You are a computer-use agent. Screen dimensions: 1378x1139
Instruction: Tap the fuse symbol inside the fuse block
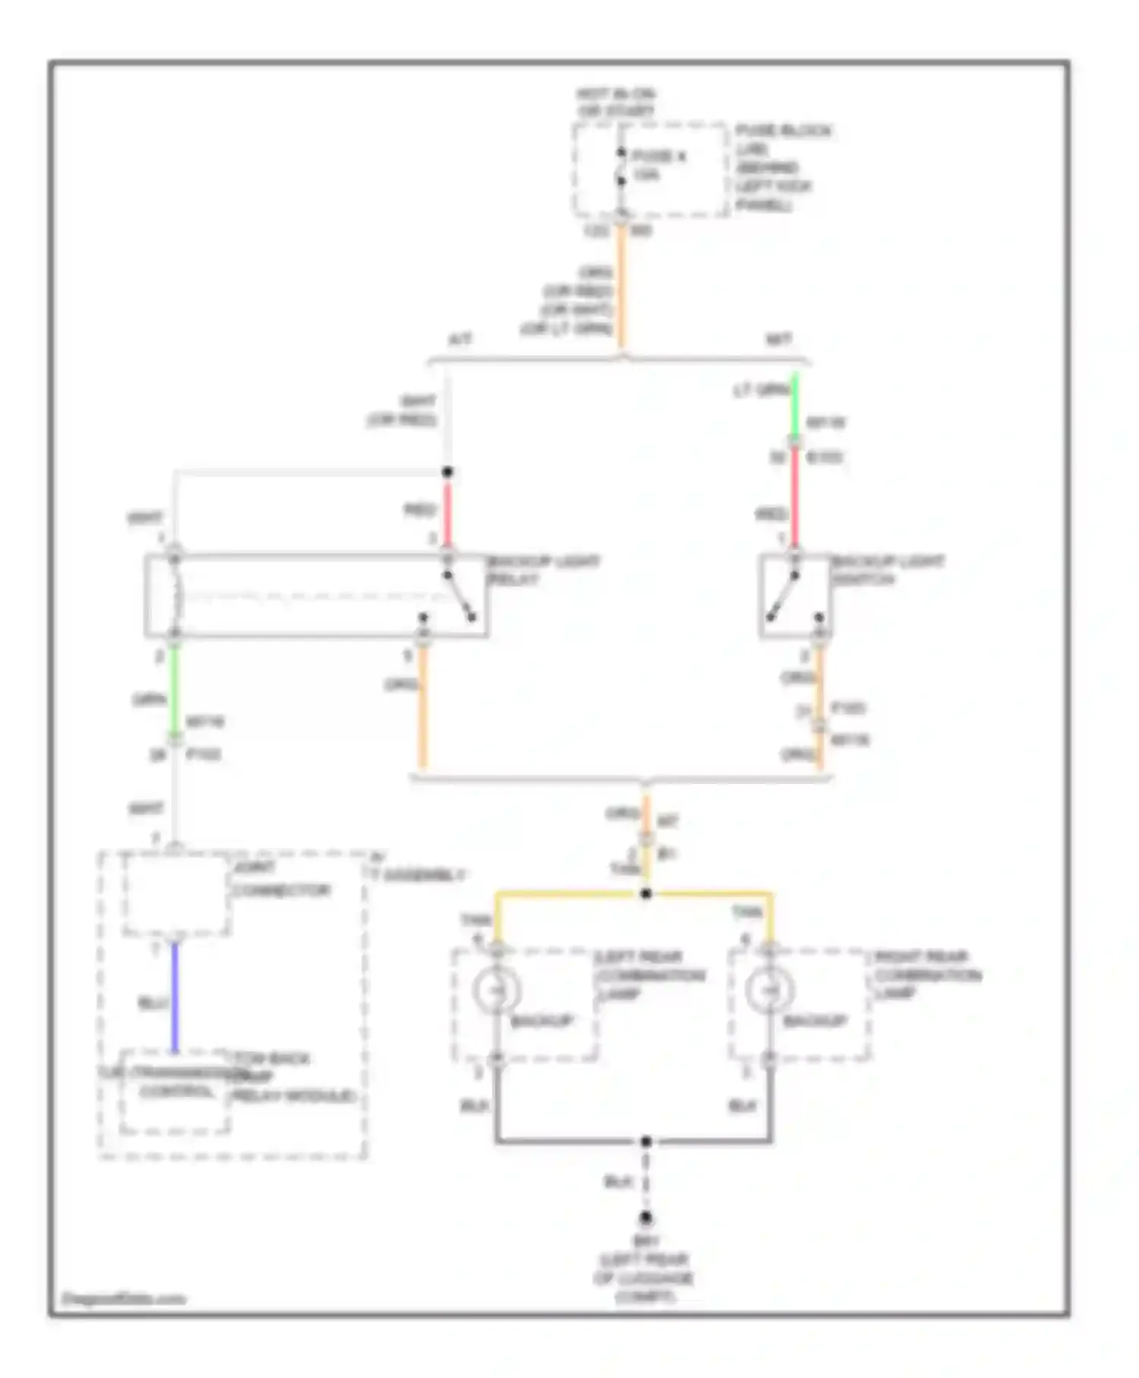click(x=621, y=167)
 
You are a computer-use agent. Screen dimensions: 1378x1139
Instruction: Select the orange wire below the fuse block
click(x=622, y=289)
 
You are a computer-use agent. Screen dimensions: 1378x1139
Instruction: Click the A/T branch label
click(x=459, y=340)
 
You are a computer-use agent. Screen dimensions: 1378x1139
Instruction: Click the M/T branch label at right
click(x=779, y=340)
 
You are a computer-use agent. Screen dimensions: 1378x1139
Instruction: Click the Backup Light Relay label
click(x=542, y=570)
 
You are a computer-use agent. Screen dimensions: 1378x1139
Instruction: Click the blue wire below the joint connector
click(x=175, y=995)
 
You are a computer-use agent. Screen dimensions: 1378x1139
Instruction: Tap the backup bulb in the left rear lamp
click(x=496, y=990)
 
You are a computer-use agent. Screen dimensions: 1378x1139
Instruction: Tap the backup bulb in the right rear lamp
click(x=769, y=990)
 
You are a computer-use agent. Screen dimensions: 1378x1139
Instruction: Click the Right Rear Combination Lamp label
click(x=926, y=975)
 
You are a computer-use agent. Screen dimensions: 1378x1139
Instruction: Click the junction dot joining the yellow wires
click(x=645, y=893)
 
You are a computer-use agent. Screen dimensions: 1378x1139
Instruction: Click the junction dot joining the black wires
click(x=645, y=1141)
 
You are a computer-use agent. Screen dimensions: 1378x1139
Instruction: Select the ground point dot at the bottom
click(x=645, y=1218)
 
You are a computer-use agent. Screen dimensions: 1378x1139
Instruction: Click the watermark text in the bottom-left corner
click(x=123, y=1298)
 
